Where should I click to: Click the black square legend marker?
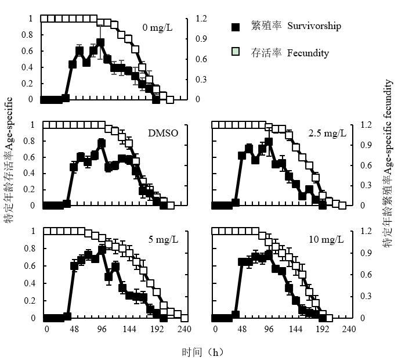(x=236, y=27)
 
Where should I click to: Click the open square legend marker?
(x=236, y=51)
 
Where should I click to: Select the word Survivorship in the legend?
(x=314, y=26)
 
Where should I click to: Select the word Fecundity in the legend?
(x=308, y=53)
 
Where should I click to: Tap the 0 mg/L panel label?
(x=157, y=27)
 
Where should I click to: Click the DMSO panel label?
(x=163, y=133)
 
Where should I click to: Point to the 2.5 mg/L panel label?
(x=327, y=133)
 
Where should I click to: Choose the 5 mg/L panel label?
(x=163, y=239)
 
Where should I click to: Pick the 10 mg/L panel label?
(x=326, y=239)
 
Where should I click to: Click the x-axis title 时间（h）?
(x=203, y=352)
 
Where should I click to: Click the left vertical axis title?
(x=9, y=160)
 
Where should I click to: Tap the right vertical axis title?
(x=388, y=163)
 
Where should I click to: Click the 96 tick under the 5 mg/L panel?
(x=102, y=329)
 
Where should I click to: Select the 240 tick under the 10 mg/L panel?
(x=349, y=329)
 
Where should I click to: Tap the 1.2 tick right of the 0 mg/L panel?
(x=201, y=19)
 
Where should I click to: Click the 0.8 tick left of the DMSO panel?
(x=29, y=141)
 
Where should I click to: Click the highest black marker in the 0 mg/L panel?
(x=100, y=42)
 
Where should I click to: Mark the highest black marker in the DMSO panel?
(x=102, y=143)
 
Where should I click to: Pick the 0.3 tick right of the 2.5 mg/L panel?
(x=366, y=185)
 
